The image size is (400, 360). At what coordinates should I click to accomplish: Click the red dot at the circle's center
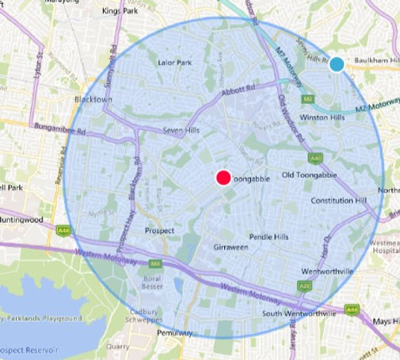(x=223, y=178)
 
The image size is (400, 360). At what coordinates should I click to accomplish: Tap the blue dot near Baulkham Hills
(x=336, y=64)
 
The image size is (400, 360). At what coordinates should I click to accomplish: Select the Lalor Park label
(x=175, y=63)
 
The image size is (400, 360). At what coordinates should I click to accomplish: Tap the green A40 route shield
(x=314, y=158)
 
